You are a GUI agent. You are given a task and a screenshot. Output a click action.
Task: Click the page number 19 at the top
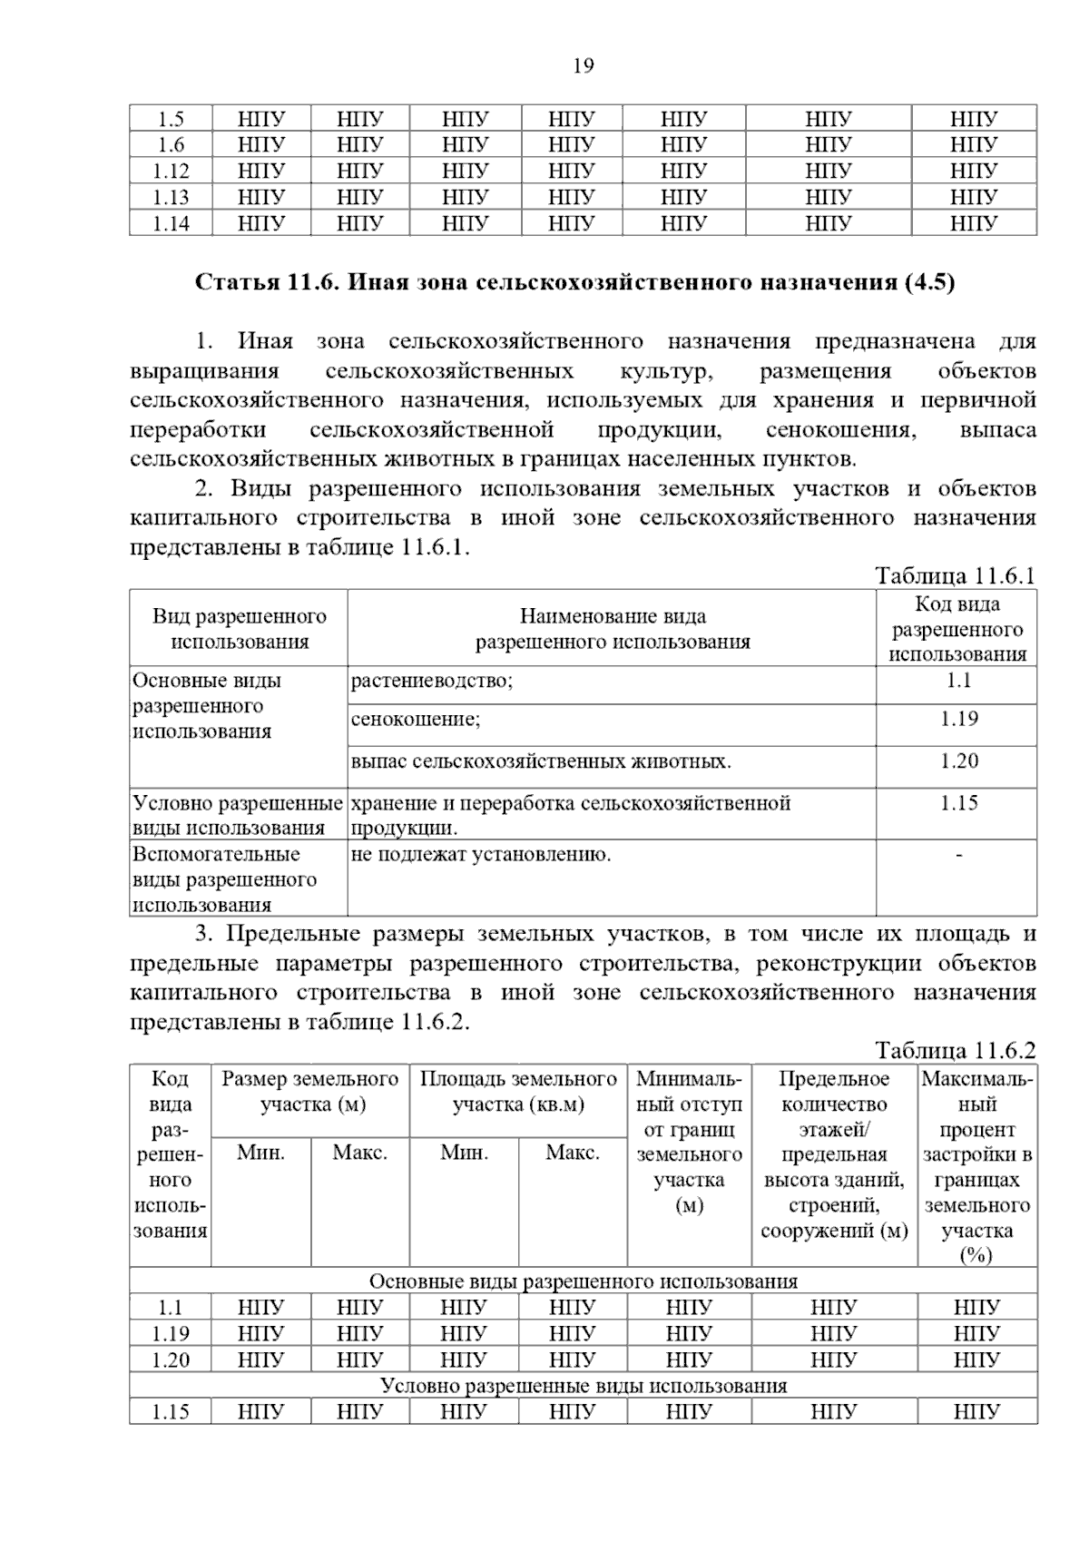(x=584, y=65)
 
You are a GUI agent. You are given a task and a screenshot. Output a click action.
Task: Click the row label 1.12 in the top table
(x=171, y=171)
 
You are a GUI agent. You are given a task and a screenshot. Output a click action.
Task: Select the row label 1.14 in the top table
(x=171, y=223)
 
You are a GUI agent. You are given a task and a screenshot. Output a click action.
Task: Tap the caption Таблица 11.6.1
(x=955, y=576)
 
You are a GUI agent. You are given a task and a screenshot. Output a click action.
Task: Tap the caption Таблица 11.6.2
(x=955, y=1051)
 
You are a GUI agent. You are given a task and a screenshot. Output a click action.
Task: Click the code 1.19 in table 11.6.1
(x=958, y=720)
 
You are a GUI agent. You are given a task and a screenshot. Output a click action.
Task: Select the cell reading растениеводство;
(x=431, y=681)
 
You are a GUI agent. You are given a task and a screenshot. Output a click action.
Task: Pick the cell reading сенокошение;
(x=416, y=720)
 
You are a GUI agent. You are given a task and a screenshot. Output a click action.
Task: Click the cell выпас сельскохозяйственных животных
(x=541, y=761)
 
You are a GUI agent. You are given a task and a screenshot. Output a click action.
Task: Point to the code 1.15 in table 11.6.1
(x=958, y=803)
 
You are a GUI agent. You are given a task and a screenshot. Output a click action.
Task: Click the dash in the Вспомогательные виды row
(x=958, y=854)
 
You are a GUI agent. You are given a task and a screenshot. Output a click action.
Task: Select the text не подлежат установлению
(x=480, y=854)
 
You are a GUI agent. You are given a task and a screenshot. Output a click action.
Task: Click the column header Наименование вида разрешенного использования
(x=613, y=629)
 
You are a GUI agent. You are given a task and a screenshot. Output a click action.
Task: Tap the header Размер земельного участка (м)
(x=310, y=1092)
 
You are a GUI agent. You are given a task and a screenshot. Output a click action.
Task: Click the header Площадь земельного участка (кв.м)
(x=518, y=1092)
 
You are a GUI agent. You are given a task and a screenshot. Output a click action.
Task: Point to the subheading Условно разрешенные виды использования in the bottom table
(x=584, y=1386)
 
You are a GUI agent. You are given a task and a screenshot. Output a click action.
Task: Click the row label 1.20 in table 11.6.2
(x=171, y=1359)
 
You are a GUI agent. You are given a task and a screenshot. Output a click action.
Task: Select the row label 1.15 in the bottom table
(x=171, y=1412)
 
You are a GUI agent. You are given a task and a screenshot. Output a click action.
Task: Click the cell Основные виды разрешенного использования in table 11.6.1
(x=207, y=706)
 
